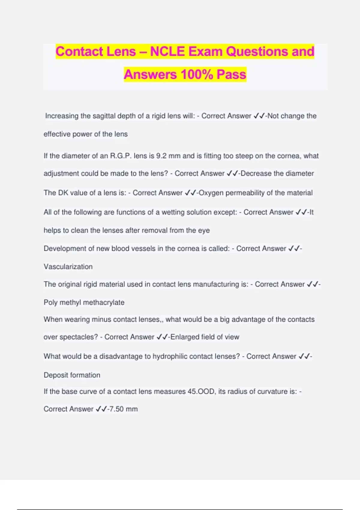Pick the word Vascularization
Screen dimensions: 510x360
tap(68, 267)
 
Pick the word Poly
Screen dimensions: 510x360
tap(50, 302)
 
